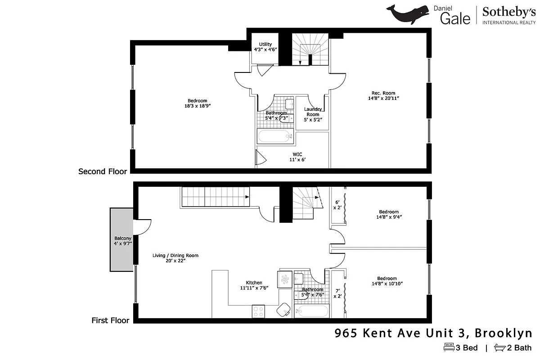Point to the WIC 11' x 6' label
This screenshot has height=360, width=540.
(297, 157)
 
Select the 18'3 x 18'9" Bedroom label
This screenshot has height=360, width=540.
(198, 103)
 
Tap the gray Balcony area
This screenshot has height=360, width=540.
(121, 239)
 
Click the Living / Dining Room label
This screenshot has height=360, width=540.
(175, 258)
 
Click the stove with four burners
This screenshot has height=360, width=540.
(258, 310)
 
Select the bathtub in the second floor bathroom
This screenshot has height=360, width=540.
(275, 136)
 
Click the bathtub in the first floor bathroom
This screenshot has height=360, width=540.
(312, 311)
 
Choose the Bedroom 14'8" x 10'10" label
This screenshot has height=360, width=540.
(387, 281)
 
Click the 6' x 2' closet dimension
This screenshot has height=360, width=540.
(337, 205)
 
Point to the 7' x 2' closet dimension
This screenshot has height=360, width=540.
(337, 293)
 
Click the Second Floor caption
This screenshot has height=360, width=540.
(103, 171)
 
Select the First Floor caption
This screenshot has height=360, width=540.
(110, 320)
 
